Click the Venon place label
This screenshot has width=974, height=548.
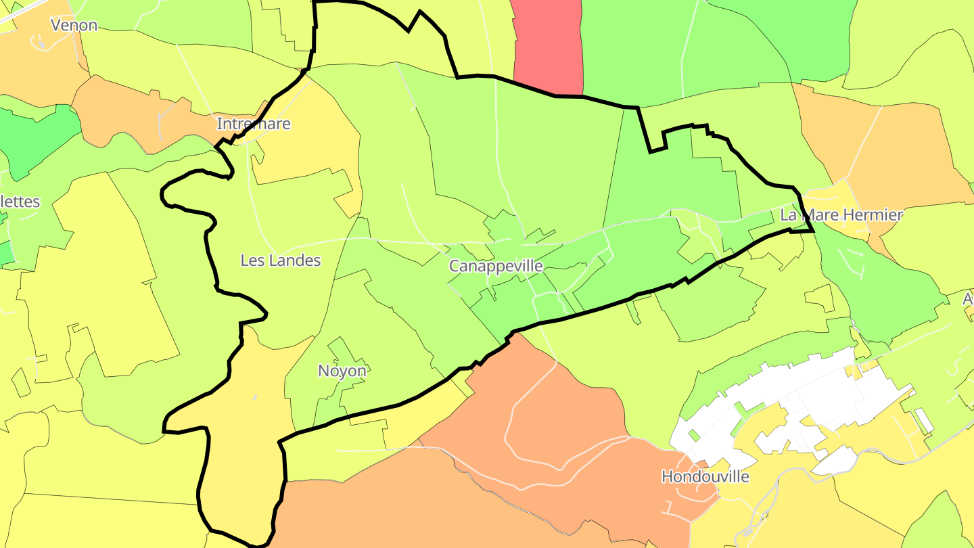point(74,26)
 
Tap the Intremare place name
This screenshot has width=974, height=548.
point(254,124)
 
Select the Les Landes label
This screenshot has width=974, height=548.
point(281,260)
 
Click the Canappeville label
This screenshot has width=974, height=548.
point(496,266)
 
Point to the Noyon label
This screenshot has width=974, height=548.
point(342,371)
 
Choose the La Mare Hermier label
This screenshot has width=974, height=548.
point(841,216)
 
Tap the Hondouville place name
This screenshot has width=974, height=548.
point(705,477)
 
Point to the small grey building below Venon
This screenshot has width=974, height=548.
point(41,45)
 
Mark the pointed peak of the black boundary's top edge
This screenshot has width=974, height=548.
point(420,12)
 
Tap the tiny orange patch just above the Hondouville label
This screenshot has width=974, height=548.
point(703,464)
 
